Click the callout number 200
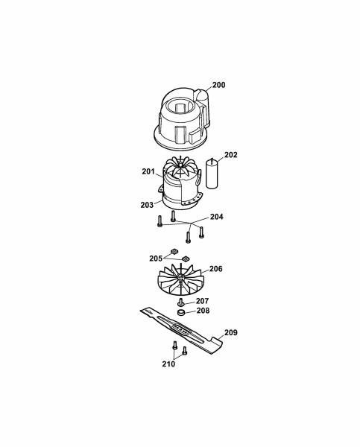pyautogui.click(x=218, y=85)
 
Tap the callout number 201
pyautogui.click(x=148, y=171)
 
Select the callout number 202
pyautogui.click(x=230, y=155)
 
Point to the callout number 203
pyautogui.click(x=147, y=205)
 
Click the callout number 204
pyautogui.click(x=216, y=217)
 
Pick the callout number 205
pyautogui.click(x=156, y=259)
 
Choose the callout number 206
pyautogui.click(x=215, y=269)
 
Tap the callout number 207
pyautogui.click(x=202, y=301)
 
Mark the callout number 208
pyautogui.click(x=203, y=311)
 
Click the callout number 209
pyautogui.click(x=231, y=333)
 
